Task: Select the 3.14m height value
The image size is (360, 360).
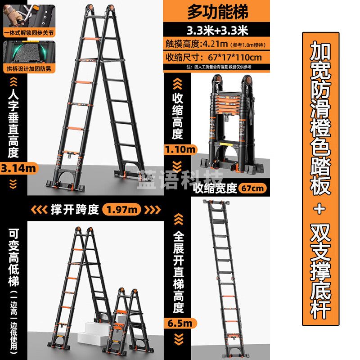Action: point(18,168)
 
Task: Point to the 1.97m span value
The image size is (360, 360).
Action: point(122,209)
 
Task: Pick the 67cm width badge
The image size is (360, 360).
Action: point(252,188)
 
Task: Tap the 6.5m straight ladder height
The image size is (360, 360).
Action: point(181,323)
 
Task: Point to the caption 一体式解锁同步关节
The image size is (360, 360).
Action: point(28,32)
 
